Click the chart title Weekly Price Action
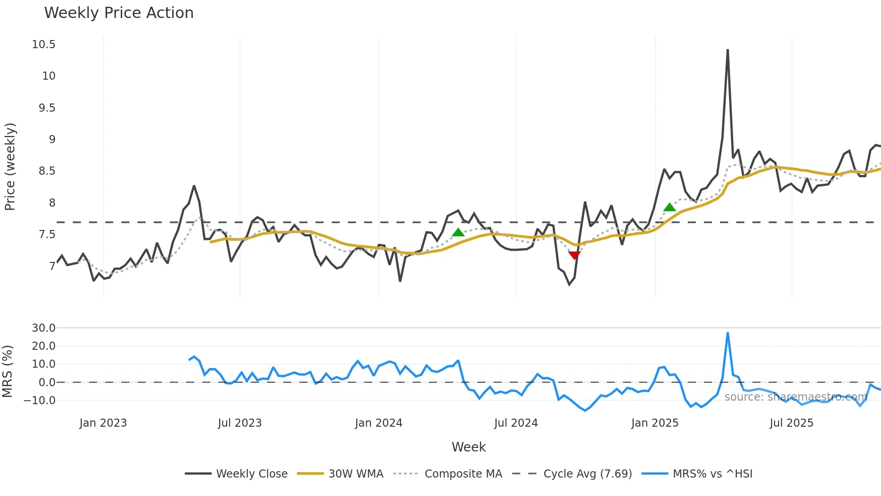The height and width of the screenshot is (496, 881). [x=119, y=13]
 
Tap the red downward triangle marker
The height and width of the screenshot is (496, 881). [x=574, y=255]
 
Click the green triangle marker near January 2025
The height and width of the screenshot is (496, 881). [x=669, y=207]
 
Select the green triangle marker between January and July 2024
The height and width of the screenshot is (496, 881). [x=458, y=232]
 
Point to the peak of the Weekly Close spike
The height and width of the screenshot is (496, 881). [x=728, y=50]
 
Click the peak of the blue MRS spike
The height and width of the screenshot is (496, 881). [x=728, y=333]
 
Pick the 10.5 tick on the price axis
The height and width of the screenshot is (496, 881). [x=44, y=45]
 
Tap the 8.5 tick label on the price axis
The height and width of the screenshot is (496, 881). [x=47, y=171]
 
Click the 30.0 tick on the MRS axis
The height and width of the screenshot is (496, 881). [x=44, y=328]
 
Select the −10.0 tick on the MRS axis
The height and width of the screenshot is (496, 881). [x=40, y=400]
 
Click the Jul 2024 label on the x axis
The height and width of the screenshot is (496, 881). [x=516, y=423]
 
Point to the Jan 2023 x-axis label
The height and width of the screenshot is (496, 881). [x=103, y=423]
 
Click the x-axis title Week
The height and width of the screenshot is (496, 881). [x=468, y=447]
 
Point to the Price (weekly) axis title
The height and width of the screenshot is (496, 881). [x=10, y=167]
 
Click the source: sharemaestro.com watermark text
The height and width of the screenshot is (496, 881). [x=796, y=397]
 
